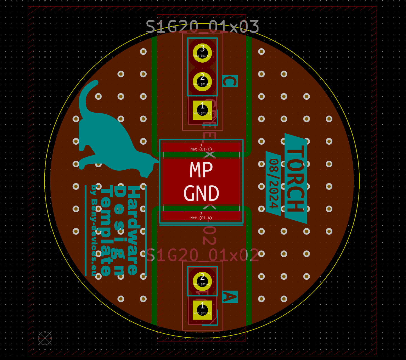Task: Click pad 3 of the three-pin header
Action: coord(202,53)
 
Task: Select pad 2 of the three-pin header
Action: coord(202,81)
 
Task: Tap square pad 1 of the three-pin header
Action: coord(202,110)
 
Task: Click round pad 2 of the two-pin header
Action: coord(202,281)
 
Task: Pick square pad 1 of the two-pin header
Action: coord(202,310)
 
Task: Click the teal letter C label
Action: coord(230,81)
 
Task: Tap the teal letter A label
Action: coord(230,297)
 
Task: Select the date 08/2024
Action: coord(273,184)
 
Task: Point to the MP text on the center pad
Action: coord(201,170)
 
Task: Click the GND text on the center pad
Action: coord(201,193)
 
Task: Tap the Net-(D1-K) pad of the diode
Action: coord(201,147)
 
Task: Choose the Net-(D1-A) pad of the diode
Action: coord(201,216)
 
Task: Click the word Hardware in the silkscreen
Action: coord(133,230)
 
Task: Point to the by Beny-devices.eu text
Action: coord(94,230)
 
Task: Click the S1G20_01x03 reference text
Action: coord(202,27)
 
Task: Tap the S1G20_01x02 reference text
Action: coord(202,255)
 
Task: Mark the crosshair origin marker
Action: coord(45,338)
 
